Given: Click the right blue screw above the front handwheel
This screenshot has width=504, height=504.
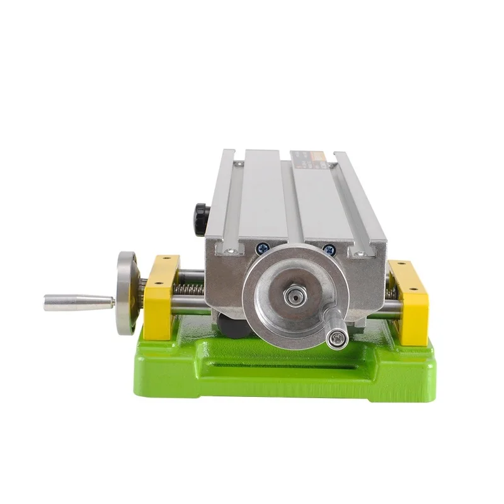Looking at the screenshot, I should point(327,249).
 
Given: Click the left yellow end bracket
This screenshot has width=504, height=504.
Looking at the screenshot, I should point(161,296).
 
